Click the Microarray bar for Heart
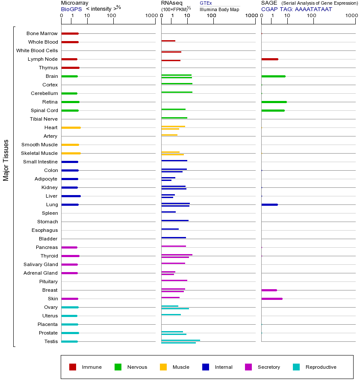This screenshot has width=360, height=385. pyautogui.click(x=71, y=127)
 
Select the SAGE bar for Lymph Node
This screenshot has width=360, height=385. pyautogui.click(x=270, y=59)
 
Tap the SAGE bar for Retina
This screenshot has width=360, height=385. pyautogui.click(x=274, y=102)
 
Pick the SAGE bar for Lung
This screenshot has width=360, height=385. pyautogui.click(x=269, y=204)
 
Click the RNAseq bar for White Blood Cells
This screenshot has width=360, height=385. pyautogui.click(x=171, y=52)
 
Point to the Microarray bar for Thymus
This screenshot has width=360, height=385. pyautogui.click(x=70, y=68)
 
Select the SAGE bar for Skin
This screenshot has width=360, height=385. pyautogui.click(x=272, y=299)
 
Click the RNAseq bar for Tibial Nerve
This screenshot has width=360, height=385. pyautogui.click(x=174, y=118)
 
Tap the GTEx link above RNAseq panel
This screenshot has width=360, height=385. pyautogui.click(x=206, y=3)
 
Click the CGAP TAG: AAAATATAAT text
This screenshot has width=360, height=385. pyautogui.click(x=297, y=9)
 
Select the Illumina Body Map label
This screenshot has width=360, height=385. pyautogui.click(x=219, y=9)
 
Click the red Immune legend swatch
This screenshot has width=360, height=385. pyautogui.click(x=73, y=367)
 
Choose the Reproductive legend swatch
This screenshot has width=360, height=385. pyautogui.click(x=296, y=367)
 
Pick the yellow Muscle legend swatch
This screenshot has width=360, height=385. pyautogui.click(x=163, y=367)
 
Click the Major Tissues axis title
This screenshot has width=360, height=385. pyautogui.click(x=6, y=160)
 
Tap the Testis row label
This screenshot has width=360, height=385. pyautogui.click(x=51, y=341)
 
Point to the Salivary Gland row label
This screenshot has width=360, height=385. pyautogui.click(x=41, y=264)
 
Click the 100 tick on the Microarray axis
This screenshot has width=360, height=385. pyautogui.click(x=112, y=16)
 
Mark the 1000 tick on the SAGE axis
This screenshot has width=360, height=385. pyautogui.click(x=351, y=16)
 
